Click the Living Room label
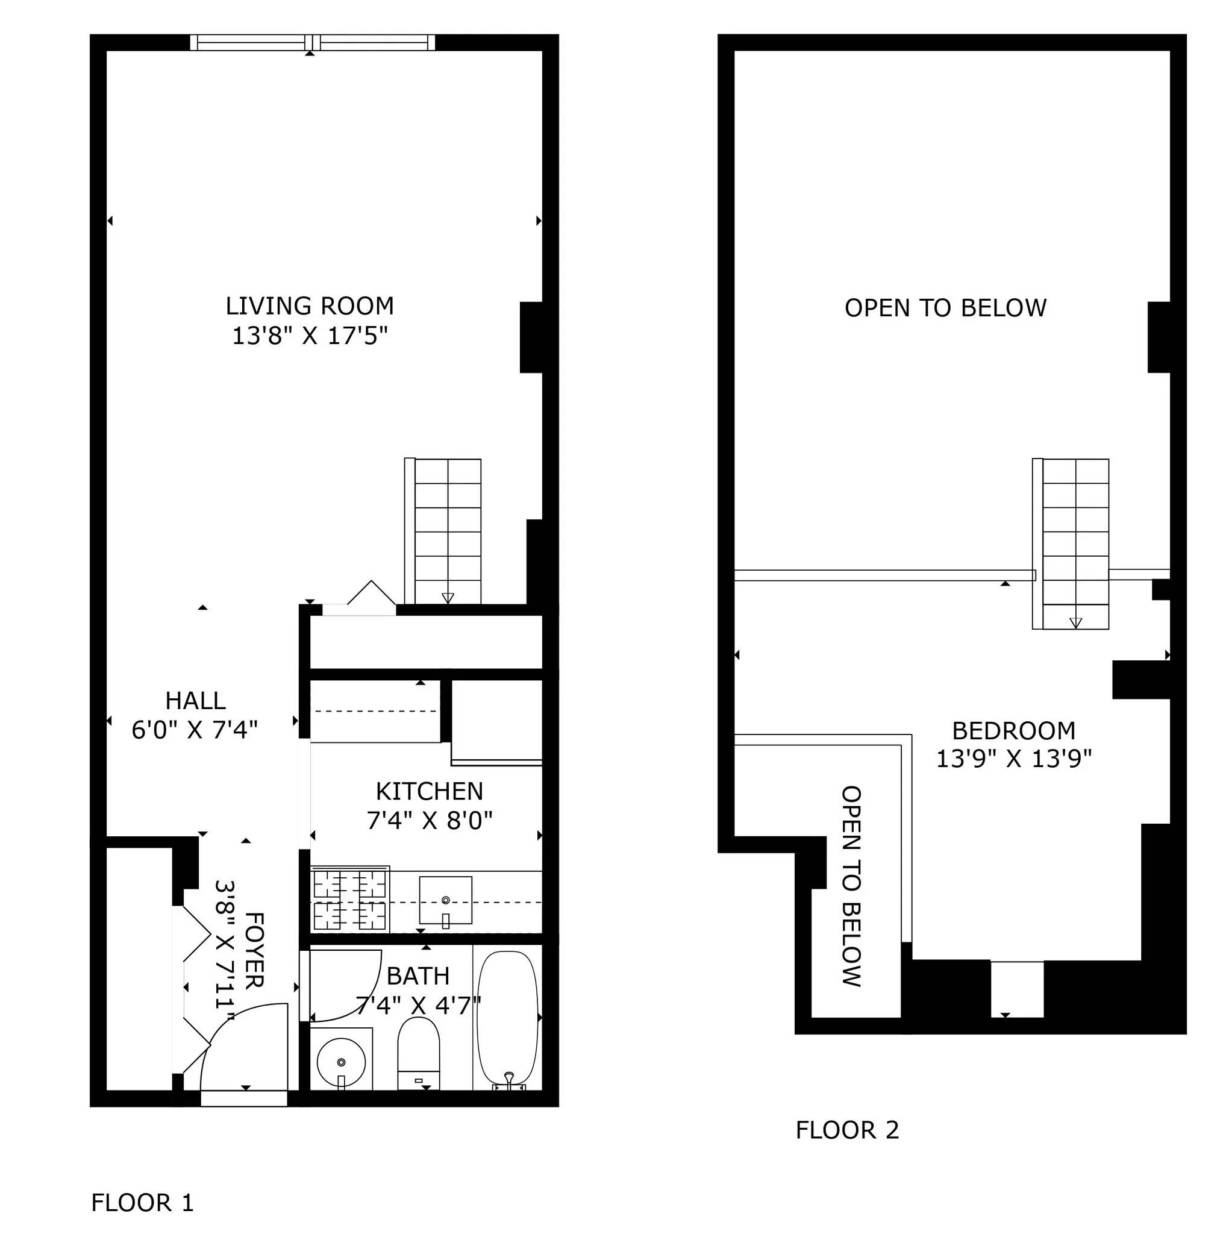[x=309, y=306]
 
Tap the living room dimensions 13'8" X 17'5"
[x=309, y=336]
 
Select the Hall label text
[x=195, y=701]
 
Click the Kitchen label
[x=429, y=791]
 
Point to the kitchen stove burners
[x=349, y=900]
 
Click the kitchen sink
[x=445, y=900]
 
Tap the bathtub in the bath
[x=508, y=1020]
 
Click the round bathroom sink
[x=341, y=1062]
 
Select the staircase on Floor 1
[x=447, y=530]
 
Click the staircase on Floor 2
[x=1075, y=543]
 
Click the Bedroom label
[x=1013, y=731]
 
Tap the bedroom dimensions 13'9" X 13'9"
[x=1013, y=759]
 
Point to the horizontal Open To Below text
[x=945, y=308]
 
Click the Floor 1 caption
[x=142, y=1203]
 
